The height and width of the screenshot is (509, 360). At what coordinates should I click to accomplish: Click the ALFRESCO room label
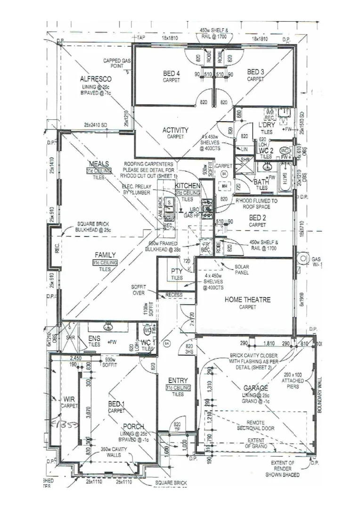point(96,79)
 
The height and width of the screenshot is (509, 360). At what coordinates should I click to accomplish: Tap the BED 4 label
point(172,73)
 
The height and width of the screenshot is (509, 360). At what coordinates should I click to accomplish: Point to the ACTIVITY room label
point(175,130)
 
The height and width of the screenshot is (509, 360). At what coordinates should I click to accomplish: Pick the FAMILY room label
point(104,255)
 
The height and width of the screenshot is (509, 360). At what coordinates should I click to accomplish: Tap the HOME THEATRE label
point(247,299)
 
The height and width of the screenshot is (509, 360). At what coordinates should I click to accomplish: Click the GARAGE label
point(256,388)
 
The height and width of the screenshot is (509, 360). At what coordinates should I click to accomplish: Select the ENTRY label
point(178,380)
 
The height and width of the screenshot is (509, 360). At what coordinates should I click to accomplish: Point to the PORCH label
point(133,427)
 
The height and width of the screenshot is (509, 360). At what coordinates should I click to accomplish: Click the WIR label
point(69,399)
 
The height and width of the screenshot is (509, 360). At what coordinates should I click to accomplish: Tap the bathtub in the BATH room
point(284,179)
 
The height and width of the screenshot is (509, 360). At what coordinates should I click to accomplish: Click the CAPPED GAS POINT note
point(117,64)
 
